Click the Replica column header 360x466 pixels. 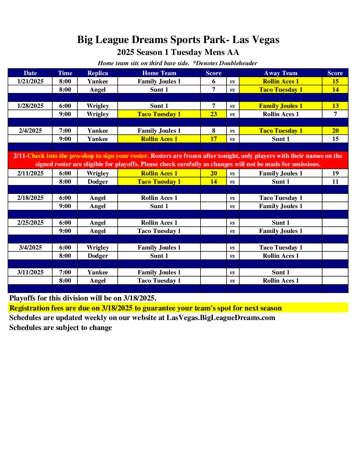pyautogui.click(x=98, y=73)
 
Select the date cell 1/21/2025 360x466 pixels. pyautogui.click(x=30, y=81)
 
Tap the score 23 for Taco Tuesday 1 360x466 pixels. pyautogui.click(x=213, y=114)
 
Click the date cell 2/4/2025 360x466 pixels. pyautogui.click(x=30, y=131)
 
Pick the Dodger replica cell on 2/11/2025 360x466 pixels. pyautogui.click(x=98, y=182)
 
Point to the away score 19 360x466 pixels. pyautogui.click(x=335, y=173)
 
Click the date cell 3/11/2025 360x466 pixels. pyautogui.click(x=30, y=272)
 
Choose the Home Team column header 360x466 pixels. pyautogui.click(x=159, y=73)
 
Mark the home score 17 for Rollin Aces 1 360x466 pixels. pyautogui.click(x=213, y=139)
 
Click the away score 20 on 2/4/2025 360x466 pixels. pyautogui.click(x=335, y=131)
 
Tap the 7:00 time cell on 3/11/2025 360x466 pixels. pyautogui.click(x=65, y=272)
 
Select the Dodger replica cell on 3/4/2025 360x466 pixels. pyautogui.click(x=98, y=256)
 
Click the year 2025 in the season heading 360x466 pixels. pyautogui.click(x=125, y=52)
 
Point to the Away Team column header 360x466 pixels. pyautogui.click(x=281, y=73)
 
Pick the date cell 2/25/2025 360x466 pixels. pyautogui.click(x=30, y=223)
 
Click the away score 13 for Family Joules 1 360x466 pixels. pyautogui.click(x=335, y=106)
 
